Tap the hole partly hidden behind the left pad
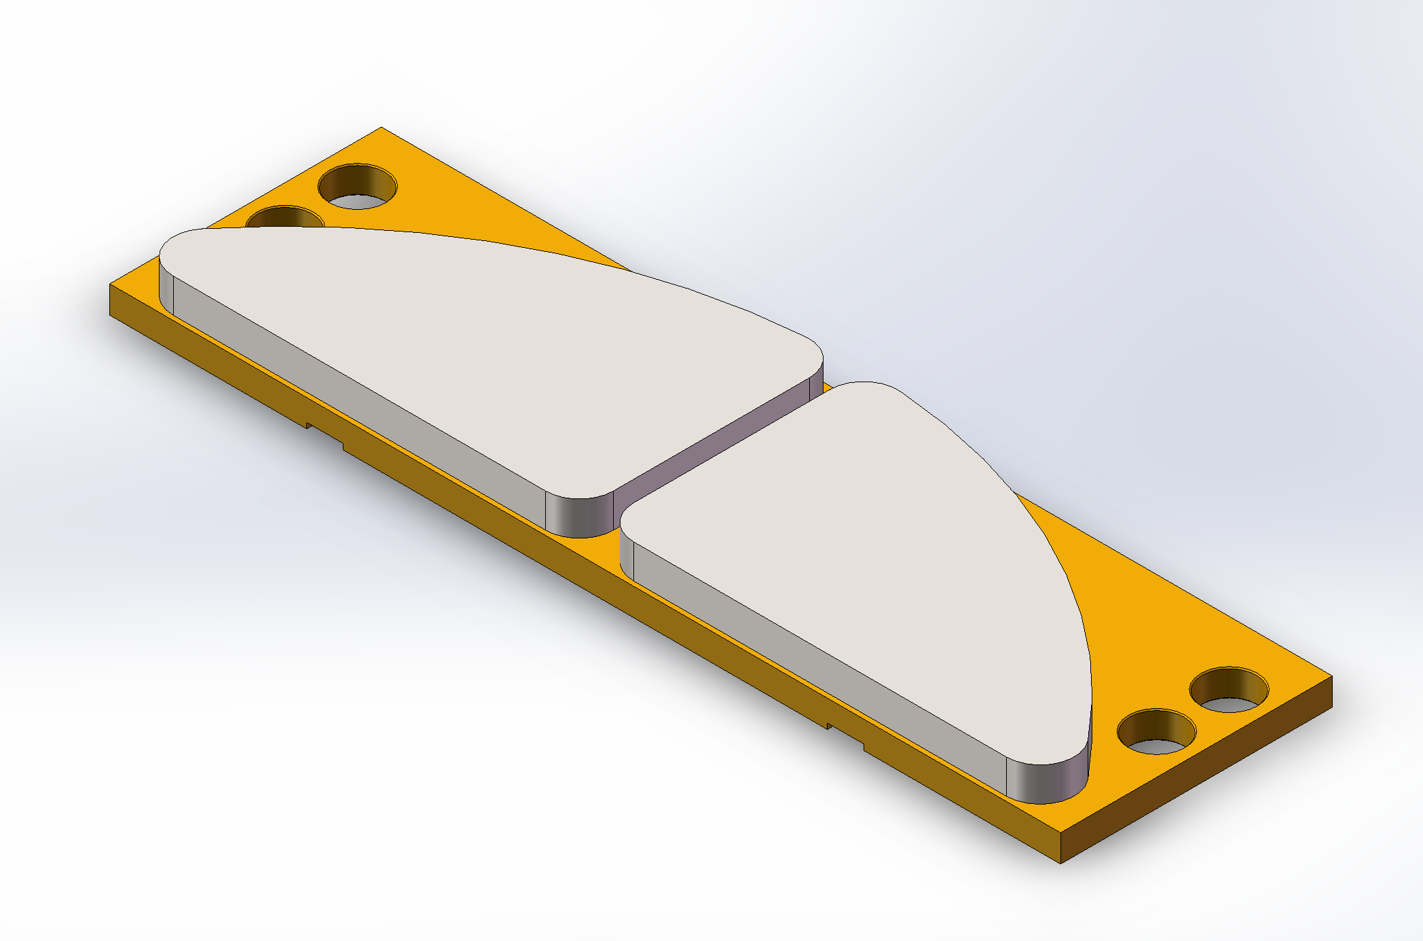click(285, 219)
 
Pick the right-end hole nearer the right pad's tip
click(1156, 733)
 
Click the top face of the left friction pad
click(475, 339)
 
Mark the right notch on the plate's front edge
click(845, 736)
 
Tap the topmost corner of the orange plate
click(381, 129)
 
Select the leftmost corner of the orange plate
click(111, 287)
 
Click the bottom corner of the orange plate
click(1060, 861)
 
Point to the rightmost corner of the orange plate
click(1331, 678)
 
